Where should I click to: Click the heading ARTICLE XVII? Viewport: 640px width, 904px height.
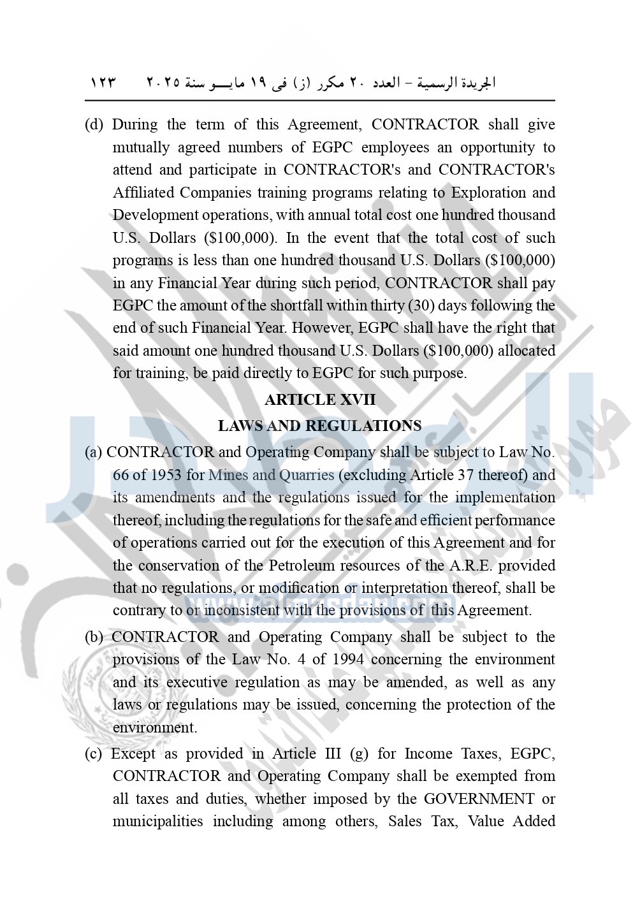(320, 400)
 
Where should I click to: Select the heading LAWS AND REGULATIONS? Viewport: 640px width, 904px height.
(320, 426)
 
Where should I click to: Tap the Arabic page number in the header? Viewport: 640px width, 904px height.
(103, 83)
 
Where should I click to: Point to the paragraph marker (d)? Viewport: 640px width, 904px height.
(94, 125)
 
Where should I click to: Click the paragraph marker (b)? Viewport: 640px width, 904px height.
(94, 637)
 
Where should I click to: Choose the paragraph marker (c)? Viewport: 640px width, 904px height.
(93, 754)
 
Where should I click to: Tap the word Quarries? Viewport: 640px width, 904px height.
(304, 475)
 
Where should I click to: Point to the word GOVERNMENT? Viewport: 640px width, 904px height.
(479, 799)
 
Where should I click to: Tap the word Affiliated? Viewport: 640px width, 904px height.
(144, 193)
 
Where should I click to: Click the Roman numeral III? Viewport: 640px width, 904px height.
(333, 754)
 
